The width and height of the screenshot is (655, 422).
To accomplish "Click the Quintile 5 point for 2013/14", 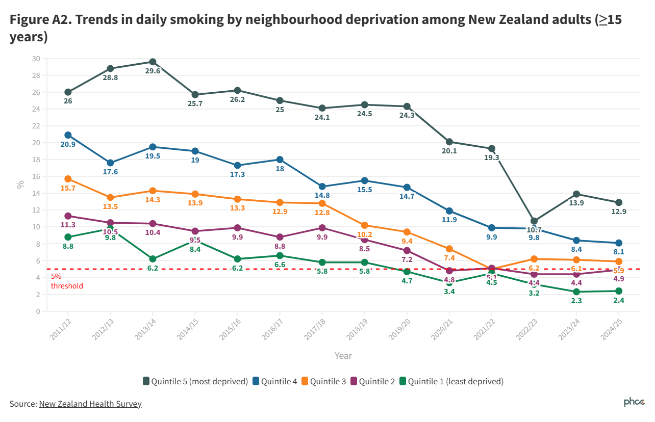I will point(153,62).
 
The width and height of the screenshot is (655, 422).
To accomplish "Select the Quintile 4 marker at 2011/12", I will point(68,135).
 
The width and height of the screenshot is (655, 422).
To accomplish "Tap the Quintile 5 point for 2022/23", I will point(534,221).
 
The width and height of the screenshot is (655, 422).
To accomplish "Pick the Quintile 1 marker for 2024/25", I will point(618,291).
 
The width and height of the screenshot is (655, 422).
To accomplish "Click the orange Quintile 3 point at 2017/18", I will point(322,203).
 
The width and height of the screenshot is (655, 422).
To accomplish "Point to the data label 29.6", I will point(153,71).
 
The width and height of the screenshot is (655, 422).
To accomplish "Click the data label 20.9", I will point(68,145).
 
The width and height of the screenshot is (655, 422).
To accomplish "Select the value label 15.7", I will point(68,189).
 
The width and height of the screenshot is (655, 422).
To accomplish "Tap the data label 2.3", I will point(576,301).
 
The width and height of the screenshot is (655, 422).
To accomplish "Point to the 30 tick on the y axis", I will point(36,59).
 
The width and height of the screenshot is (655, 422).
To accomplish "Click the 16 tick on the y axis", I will point(36,176).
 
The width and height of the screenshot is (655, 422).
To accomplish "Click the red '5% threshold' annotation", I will point(66,281).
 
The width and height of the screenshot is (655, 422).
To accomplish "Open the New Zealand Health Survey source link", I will point(90,404).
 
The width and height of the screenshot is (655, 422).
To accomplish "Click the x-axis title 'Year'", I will point(343,356).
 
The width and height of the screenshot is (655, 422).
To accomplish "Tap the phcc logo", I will point(634,403).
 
